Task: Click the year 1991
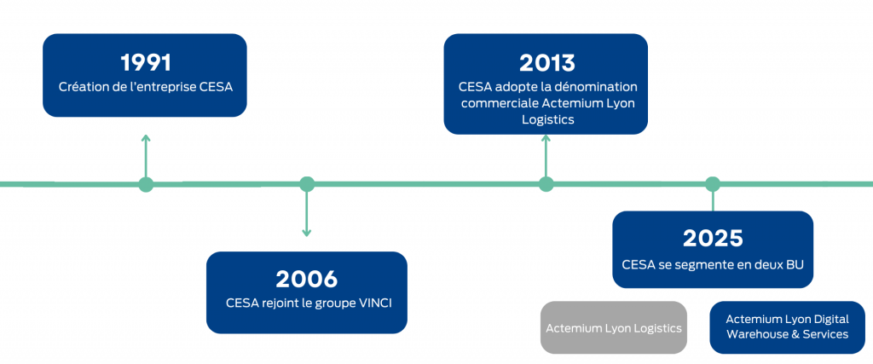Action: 145,62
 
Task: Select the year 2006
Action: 307,279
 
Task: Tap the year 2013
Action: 546,62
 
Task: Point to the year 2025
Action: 713,239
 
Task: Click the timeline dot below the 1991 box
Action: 146,184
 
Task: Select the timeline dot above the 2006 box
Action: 307,184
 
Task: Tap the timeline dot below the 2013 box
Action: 546,184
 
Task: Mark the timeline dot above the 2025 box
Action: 713,184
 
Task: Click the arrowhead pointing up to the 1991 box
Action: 146,137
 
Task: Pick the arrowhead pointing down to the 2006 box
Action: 307,232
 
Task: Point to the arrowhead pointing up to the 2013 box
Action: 546,137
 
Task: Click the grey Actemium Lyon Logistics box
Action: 614,326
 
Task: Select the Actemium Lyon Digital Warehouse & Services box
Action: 787,326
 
